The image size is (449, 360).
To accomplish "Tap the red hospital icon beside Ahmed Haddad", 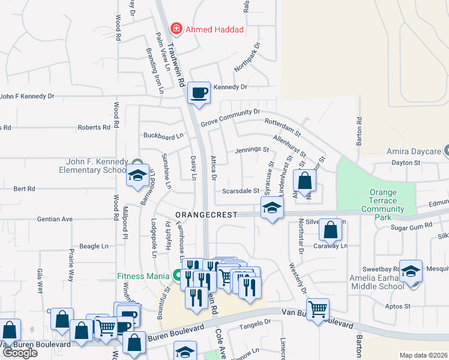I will tap(176, 28).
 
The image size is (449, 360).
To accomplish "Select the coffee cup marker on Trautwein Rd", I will tap(199, 93).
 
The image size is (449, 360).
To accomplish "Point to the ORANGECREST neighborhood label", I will tap(206, 214).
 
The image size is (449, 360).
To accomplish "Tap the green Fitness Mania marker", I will tap(176, 276).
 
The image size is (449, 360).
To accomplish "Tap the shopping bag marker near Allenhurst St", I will tap(305, 181).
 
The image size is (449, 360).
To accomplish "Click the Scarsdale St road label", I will tap(240, 191).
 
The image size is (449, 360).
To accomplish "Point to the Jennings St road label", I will tap(252, 149).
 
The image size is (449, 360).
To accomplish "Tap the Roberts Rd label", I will tap(94, 127).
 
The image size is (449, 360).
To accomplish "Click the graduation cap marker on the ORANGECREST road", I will tap(272, 209).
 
